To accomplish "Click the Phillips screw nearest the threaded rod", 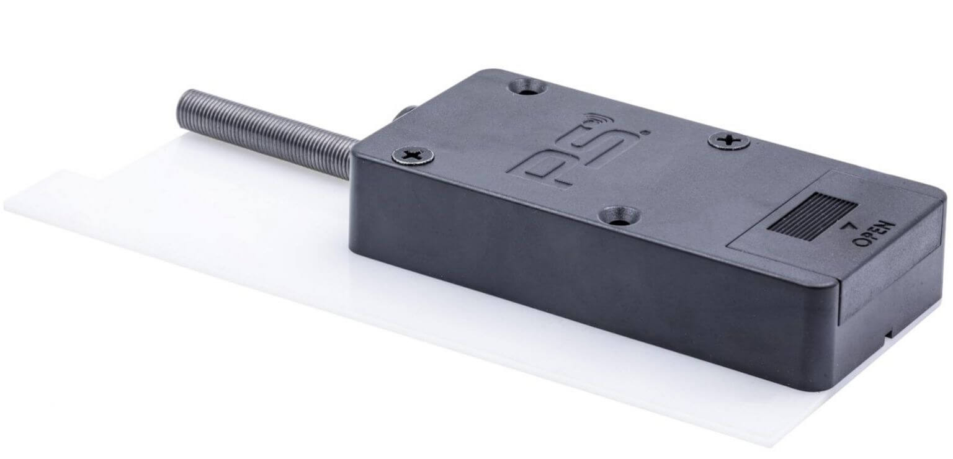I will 413,154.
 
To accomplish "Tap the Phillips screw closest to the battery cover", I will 729,141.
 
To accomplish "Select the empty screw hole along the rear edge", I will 527,87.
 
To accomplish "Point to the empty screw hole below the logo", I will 619,215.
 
